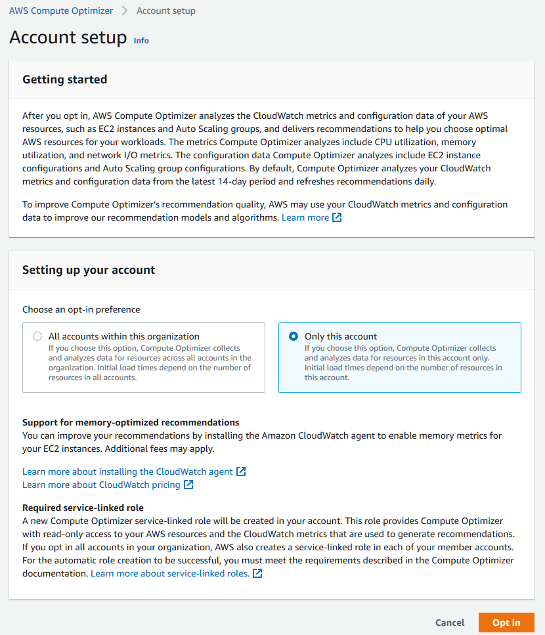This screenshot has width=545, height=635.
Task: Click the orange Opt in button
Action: [506, 623]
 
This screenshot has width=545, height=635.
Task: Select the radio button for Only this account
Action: [294, 336]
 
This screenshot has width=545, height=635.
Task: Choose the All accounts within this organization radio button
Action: [37, 336]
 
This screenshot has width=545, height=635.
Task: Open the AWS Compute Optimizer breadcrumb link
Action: [61, 11]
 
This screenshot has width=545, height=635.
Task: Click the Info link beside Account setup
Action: [141, 41]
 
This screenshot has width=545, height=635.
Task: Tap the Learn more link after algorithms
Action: [305, 217]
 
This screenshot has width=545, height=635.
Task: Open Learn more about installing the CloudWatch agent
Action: [127, 471]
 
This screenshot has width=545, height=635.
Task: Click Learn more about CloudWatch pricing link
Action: [101, 485]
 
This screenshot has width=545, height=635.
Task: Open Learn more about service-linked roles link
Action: [170, 573]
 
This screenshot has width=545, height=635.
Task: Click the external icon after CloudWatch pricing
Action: [188, 485]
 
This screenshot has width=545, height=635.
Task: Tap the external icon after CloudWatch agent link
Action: [241, 471]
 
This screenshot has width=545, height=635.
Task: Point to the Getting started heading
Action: [65, 79]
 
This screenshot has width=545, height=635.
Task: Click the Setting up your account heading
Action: [89, 270]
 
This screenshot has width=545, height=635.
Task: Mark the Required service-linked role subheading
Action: [83, 508]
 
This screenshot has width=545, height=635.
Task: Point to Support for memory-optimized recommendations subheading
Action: [131, 422]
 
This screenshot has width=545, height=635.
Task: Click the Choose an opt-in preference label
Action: [81, 309]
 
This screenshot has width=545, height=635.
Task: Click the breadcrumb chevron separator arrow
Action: [125, 11]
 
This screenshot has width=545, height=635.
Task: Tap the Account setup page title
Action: [68, 37]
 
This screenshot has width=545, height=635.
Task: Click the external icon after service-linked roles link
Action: [258, 573]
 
